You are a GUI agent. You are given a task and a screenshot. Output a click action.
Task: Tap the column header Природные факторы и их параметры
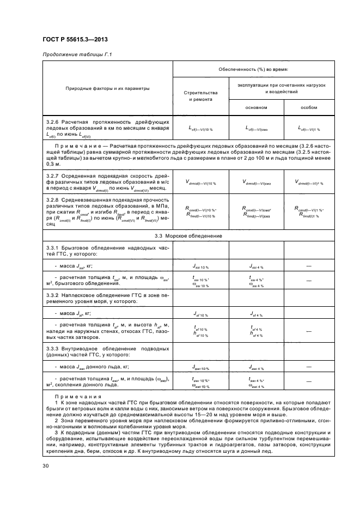tap(108, 88)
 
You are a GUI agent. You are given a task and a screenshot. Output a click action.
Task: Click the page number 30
tap(46, 465)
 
